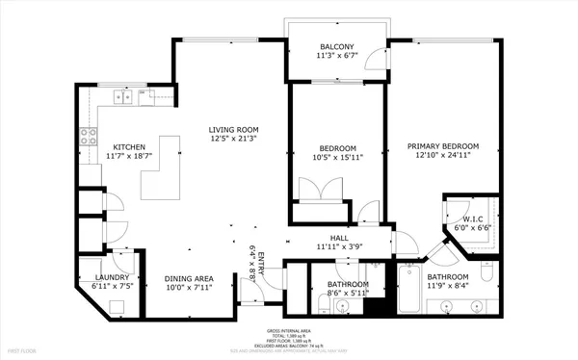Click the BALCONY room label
click(336, 46)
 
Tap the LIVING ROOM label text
click(234, 129)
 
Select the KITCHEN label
click(128, 146)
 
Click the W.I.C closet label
click(471, 219)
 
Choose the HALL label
click(339, 237)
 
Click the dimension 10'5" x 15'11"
click(337, 159)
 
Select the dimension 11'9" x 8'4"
click(448, 286)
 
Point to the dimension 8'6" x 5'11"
click(347, 294)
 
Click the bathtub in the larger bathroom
click(407, 289)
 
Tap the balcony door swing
click(382, 63)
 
